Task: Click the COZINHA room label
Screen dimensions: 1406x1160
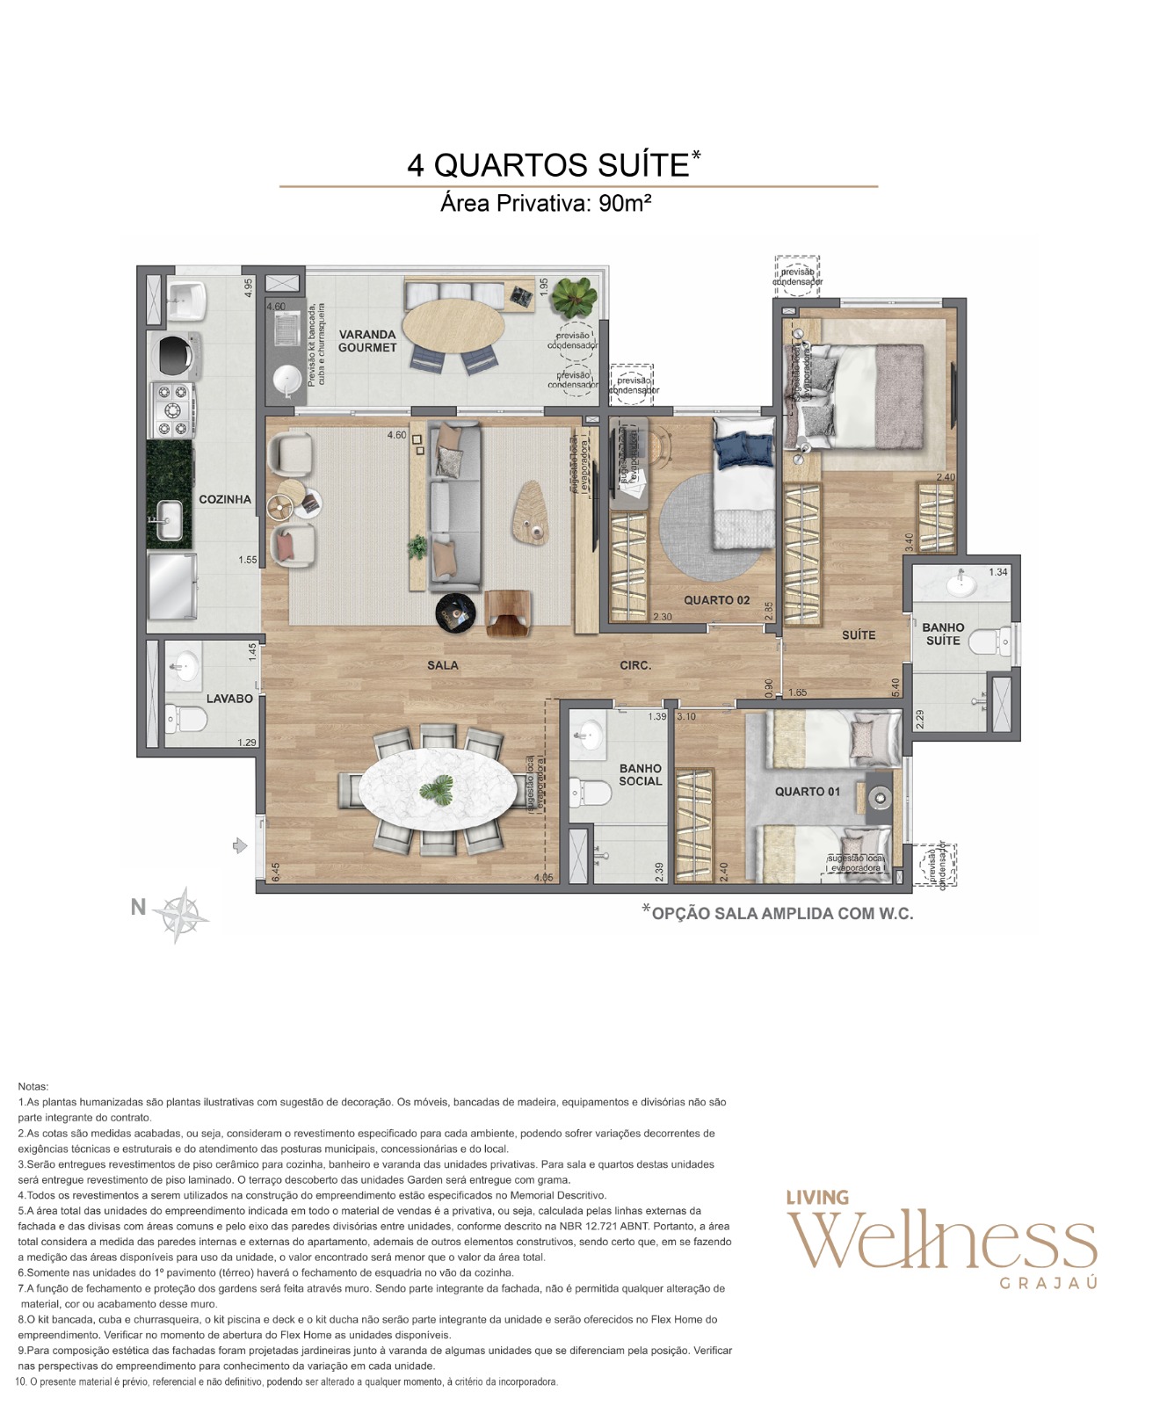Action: point(225,499)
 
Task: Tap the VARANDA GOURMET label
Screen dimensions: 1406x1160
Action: point(367,341)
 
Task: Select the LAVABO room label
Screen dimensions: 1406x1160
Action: point(229,699)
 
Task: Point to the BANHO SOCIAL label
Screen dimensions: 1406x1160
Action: point(640,775)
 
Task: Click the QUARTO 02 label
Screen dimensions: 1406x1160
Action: point(717,600)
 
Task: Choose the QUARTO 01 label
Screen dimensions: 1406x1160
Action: point(807,792)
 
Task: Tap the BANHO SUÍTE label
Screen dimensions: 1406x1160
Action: point(943,634)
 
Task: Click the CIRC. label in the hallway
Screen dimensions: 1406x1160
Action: point(635,665)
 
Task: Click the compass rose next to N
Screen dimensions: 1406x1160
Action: point(181,915)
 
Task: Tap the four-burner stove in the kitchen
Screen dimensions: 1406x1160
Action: point(172,409)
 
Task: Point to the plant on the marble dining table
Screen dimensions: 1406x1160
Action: point(438,787)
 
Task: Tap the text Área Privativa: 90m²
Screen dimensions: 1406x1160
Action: point(546,204)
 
